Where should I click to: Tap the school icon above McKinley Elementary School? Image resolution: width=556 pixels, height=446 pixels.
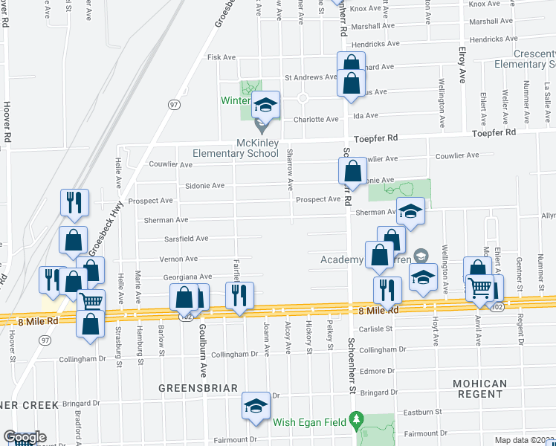(265, 105)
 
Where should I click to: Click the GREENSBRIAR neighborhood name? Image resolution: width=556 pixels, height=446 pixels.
(197, 388)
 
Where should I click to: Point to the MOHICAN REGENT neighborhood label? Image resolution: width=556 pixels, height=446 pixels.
(480, 389)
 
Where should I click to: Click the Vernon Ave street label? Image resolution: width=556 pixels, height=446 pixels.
(179, 259)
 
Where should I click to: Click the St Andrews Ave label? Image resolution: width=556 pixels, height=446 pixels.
(311, 77)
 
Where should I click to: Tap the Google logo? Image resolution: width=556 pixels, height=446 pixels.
(24, 437)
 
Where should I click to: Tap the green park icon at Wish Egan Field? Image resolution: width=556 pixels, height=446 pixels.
(356, 421)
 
